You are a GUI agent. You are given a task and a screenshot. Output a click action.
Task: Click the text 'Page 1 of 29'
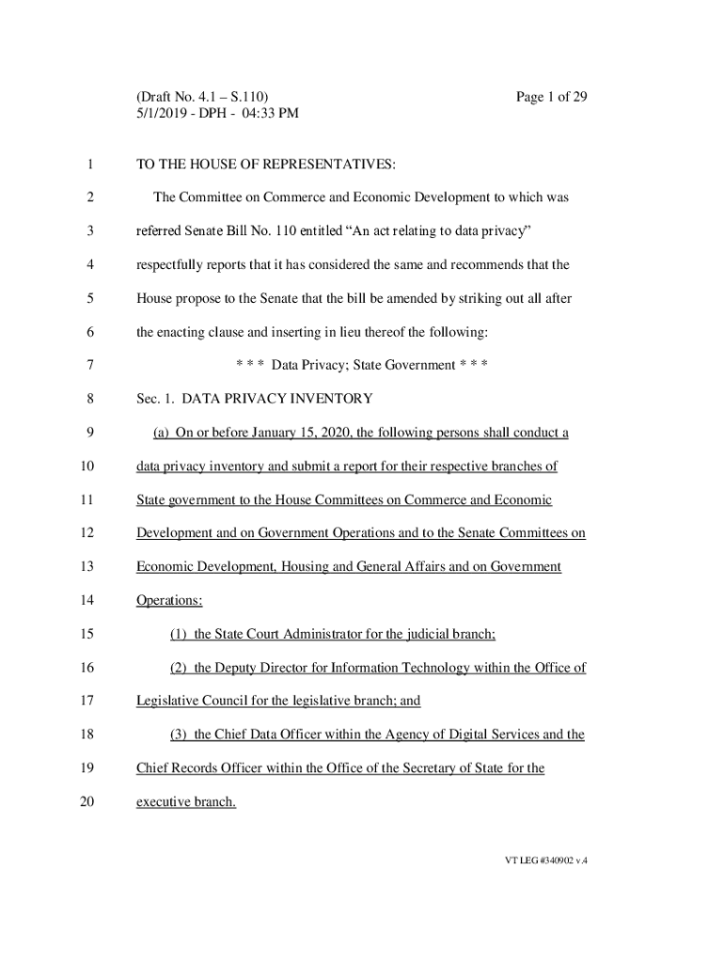click(551, 97)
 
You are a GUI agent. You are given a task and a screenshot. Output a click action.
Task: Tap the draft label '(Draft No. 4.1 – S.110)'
click(203, 97)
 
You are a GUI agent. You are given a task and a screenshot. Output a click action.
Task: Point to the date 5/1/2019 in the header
click(165, 114)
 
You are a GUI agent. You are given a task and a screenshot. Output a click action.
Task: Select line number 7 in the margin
click(89, 365)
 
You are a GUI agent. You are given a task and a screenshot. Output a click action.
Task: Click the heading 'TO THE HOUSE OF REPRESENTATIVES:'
click(266, 165)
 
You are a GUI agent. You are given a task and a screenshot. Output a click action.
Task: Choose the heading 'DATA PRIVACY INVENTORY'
click(277, 399)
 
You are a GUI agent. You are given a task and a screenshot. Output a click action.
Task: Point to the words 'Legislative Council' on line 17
click(194, 702)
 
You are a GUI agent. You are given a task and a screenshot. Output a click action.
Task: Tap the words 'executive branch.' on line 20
click(186, 803)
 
